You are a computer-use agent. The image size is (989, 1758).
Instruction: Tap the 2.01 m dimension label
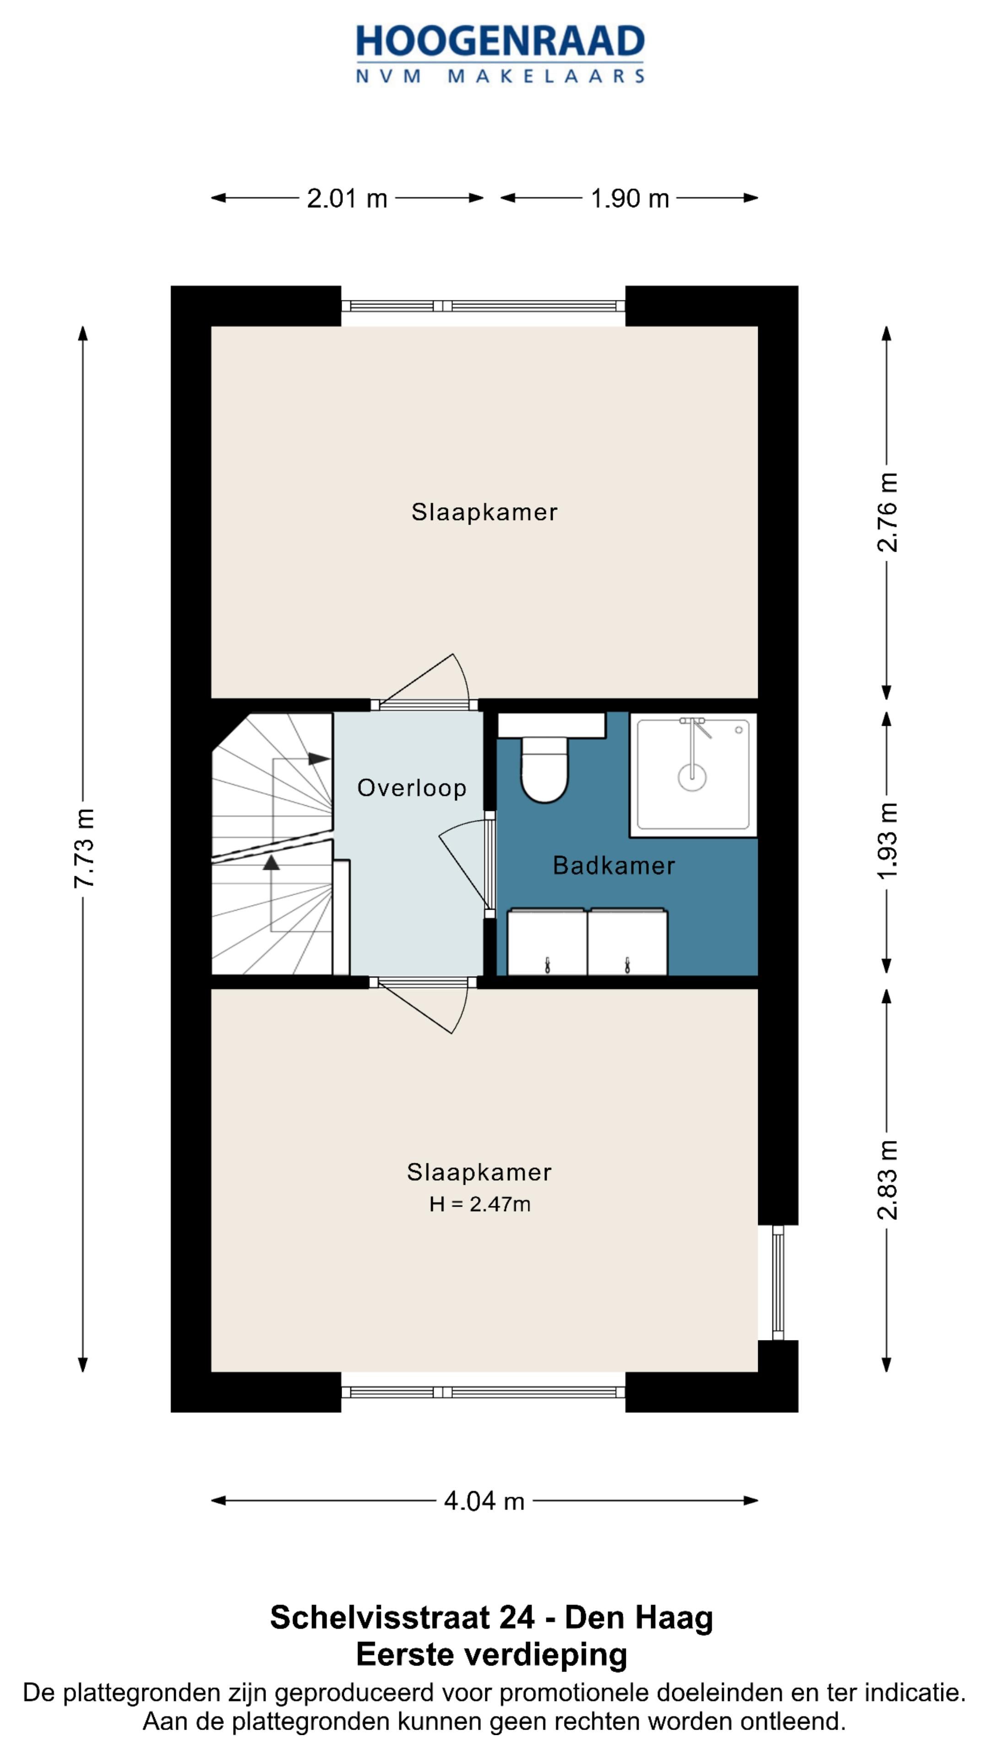pyautogui.click(x=347, y=199)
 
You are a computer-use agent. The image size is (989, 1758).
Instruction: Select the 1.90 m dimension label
pyautogui.click(x=629, y=199)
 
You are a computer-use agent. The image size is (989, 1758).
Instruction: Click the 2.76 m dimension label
pyautogui.click(x=887, y=512)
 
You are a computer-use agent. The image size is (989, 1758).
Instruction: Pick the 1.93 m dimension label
pyautogui.click(x=887, y=841)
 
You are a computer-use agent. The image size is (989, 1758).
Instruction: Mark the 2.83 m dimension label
pyautogui.click(x=887, y=1180)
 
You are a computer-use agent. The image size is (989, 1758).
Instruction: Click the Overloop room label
pyautogui.click(x=412, y=788)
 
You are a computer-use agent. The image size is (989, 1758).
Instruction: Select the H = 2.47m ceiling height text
pyautogui.click(x=480, y=1205)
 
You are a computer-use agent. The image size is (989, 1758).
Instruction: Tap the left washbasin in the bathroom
pyautogui.click(x=547, y=942)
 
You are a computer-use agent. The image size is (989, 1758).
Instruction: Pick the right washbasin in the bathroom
pyautogui.click(x=627, y=942)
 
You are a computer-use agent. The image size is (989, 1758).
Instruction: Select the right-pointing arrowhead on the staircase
pyautogui.click(x=319, y=758)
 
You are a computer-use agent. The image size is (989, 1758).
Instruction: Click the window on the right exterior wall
pyautogui.click(x=778, y=1282)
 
